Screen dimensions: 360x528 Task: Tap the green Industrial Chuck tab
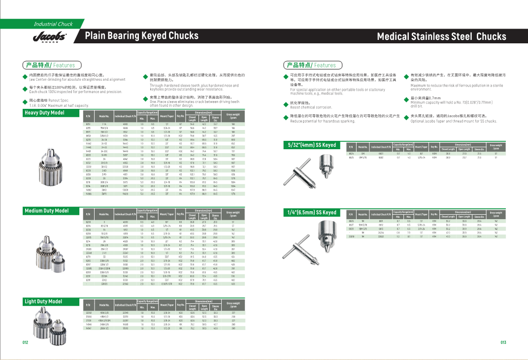click(x=53, y=24)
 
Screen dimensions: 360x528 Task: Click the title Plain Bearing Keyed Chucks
click(x=142, y=35)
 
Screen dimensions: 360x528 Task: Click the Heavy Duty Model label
click(x=45, y=113)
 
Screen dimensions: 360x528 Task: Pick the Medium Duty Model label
click(x=47, y=211)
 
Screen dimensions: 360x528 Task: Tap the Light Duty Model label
click(x=44, y=301)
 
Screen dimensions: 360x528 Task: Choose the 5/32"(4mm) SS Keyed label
click(x=312, y=145)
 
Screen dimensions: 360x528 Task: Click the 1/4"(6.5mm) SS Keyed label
click(x=312, y=213)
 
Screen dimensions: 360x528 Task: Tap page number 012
click(x=25, y=342)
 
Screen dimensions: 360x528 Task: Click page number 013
click(x=503, y=342)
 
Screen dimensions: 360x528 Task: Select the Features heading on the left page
click(x=49, y=65)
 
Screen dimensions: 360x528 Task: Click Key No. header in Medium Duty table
click(x=181, y=214)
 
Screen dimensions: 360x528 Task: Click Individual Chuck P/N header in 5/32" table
click(x=381, y=147)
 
